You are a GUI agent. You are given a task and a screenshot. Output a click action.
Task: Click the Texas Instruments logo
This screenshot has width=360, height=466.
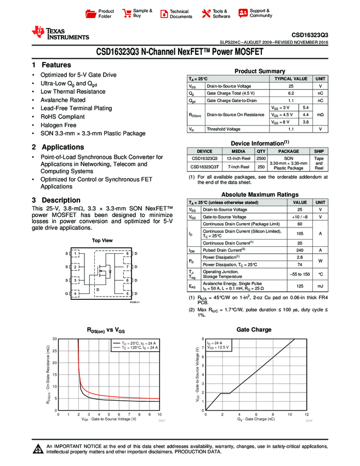click(x=60, y=33)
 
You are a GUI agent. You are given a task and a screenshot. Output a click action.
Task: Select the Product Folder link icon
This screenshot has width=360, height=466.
click(x=92, y=13)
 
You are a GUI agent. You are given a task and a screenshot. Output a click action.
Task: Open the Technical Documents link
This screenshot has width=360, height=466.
click(x=179, y=14)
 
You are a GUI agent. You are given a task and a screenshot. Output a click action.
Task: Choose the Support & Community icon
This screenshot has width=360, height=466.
click(x=243, y=13)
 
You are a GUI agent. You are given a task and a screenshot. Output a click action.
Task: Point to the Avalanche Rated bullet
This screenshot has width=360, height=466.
click(x=62, y=100)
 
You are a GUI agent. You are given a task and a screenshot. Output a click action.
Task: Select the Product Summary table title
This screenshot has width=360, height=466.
click(x=260, y=71)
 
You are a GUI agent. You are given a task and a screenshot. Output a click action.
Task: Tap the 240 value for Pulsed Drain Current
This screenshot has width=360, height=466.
click(x=300, y=250)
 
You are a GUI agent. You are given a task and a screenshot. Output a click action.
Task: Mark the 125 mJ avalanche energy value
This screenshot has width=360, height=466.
click(x=300, y=286)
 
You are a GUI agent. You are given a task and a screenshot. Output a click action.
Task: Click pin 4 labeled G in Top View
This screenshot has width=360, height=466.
click(x=76, y=293)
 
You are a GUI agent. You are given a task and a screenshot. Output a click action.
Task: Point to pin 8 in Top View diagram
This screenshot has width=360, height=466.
click(x=127, y=254)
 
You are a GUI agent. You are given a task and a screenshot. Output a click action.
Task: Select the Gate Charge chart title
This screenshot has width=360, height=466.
click(x=254, y=329)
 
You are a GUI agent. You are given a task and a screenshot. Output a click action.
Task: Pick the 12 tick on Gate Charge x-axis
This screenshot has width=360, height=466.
click(x=307, y=414)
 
